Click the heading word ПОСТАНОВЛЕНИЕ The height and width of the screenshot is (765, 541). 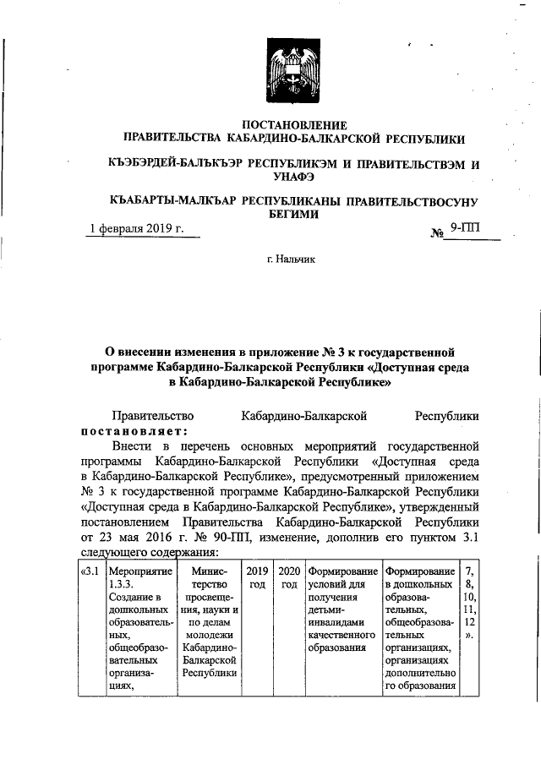coord(292,125)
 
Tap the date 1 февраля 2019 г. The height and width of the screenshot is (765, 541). coord(138,229)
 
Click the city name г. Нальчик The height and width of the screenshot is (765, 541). coord(292,260)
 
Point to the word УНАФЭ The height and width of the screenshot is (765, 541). coord(292,176)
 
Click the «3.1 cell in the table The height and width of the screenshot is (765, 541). coord(89,571)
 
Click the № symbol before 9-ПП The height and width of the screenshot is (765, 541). coord(437,231)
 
